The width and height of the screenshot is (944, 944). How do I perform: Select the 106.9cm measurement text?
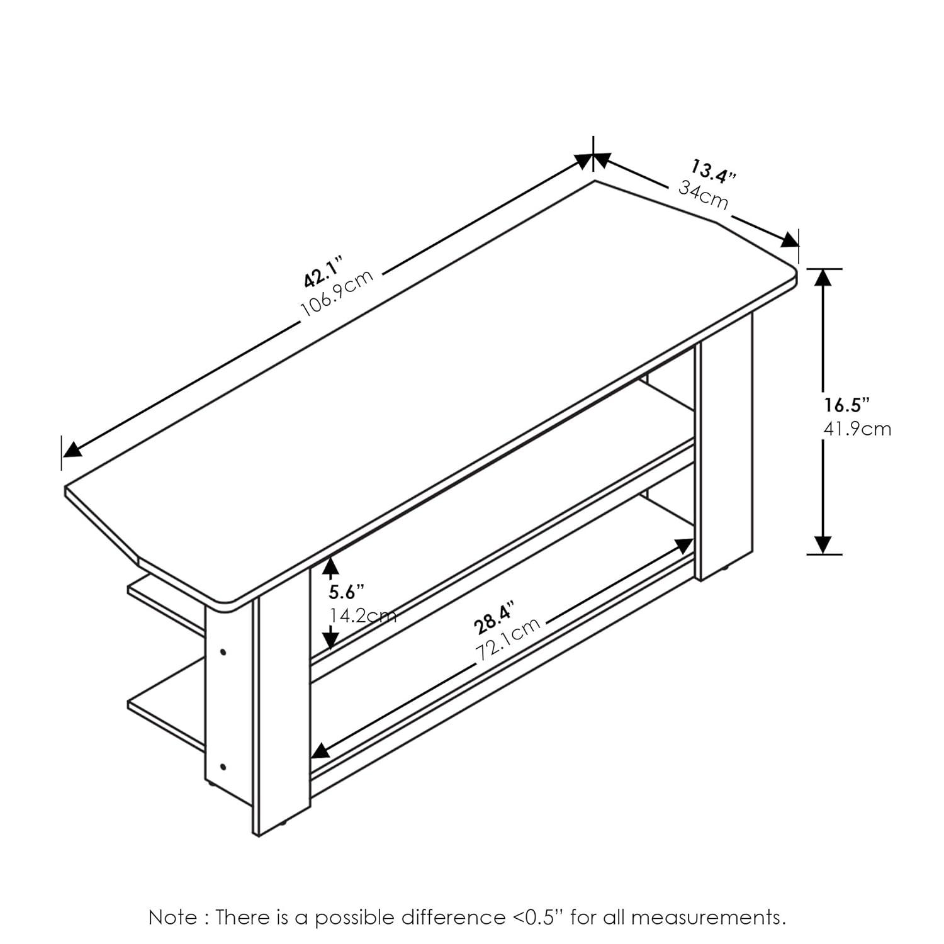(338, 293)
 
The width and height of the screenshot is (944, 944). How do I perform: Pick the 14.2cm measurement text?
(363, 615)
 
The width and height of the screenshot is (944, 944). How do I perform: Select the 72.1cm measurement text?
(508, 639)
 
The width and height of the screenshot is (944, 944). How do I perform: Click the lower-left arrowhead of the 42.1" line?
(72, 449)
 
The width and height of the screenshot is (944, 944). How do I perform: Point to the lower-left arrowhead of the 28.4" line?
(320, 750)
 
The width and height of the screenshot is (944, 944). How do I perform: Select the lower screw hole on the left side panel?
(223, 767)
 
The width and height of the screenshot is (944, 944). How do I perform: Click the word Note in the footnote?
(172, 918)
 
